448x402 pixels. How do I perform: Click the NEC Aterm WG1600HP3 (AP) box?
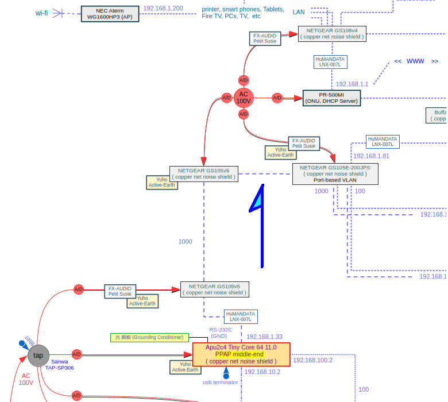coord(110,14)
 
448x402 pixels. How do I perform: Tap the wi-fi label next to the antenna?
coord(42,13)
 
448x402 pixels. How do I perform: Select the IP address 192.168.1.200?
coord(163,9)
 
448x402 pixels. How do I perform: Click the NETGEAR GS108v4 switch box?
coord(331,33)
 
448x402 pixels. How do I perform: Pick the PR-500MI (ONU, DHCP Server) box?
coord(331,98)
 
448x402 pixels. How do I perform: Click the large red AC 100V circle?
coord(244,98)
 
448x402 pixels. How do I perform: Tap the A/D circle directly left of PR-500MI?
coord(277,98)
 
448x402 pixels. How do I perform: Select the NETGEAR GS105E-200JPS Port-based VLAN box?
coord(335,173)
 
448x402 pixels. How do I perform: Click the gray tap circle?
coord(38,355)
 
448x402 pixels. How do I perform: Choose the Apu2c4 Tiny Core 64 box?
coord(241,354)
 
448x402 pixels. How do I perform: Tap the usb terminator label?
coord(220,382)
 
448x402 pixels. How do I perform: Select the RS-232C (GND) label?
coord(220,333)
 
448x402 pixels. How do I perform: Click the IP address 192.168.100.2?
coord(312,361)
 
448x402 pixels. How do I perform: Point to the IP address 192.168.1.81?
coord(371,156)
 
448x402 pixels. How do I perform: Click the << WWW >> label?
coord(416,61)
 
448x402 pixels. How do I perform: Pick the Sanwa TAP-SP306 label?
coord(59,365)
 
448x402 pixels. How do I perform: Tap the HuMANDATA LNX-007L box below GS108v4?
coord(330,62)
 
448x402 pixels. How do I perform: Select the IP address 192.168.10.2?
coord(262,372)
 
